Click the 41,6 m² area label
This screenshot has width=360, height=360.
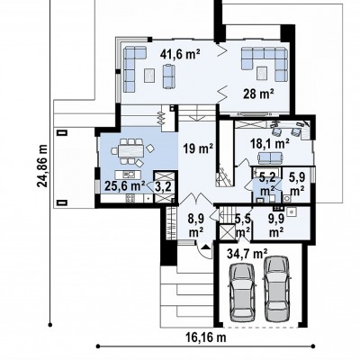pyautogui.click(x=180, y=54)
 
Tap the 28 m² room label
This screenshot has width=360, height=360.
pyautogui.click(x=258, y=94)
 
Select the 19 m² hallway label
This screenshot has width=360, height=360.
pyautogui.click(x=198, y=148)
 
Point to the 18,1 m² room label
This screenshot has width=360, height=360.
pyautogui.click(x=270, y=143)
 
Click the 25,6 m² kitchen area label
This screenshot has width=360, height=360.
pyautogui.click(x=125, y=186)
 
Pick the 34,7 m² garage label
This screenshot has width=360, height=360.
pyautogui.click(x=247, y=254)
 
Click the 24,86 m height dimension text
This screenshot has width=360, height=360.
pyautogui.click(x=42, y=166)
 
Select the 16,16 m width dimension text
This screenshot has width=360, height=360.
pyautogui.click(x=206, y=337)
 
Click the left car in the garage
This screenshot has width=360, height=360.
pyautogui.click(x=242, y=292)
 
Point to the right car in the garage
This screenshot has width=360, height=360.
pyautogui.click(x=277, y=289)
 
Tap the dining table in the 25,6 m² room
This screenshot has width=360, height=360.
pyautogui.click(x=130, y=151)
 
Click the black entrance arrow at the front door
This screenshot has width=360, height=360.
pyautogui.click(x=206, y=247)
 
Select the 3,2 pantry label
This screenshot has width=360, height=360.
pyautogui.click(x=163, y=187)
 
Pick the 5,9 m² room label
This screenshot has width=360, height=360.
pyautogui.click(x=297, y=184)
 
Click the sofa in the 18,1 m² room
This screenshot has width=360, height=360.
pyautogui.click(x=271, y=157)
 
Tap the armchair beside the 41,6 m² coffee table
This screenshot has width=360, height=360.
pyautogui.click(x=168, y=76)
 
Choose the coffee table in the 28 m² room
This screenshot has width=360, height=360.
pyautogui.click(x=262, y=73)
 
